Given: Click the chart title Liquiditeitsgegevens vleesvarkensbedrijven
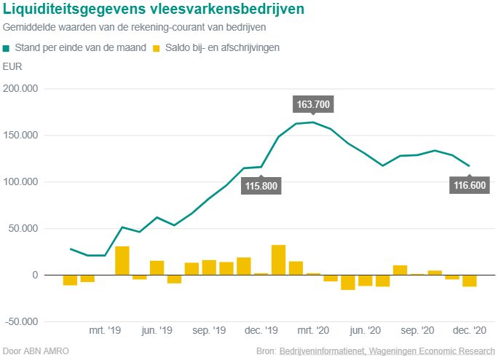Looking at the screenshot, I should (154, 9).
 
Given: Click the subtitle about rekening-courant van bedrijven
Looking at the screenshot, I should (134, 27).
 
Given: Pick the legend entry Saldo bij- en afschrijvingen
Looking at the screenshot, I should (217, 47).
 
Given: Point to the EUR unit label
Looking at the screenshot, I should (12, 67).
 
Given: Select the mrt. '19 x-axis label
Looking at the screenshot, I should (106, 330).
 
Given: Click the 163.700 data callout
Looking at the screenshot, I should (314, 104).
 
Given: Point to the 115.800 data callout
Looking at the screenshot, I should (261, 186).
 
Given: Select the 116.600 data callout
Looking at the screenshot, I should (469, 185).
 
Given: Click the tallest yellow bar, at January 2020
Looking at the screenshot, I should (278, 260).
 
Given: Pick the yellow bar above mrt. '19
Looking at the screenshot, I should (122, 261).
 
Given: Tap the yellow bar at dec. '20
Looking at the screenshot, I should (469, 281).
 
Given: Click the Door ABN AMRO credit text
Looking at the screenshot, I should (36, 351).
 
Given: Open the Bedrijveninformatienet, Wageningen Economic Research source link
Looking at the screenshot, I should (387, 351).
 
